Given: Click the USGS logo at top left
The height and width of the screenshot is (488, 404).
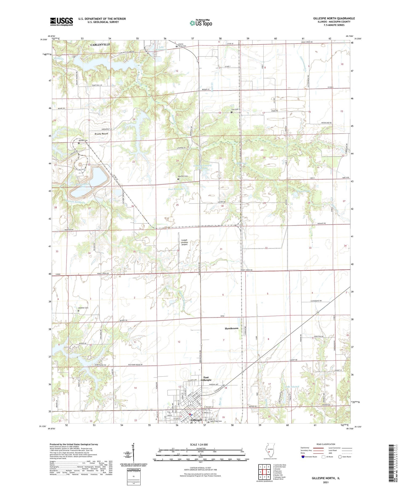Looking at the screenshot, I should (x=61, y=22).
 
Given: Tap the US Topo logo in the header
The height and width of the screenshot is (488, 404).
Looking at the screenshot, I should (x=201, y=23).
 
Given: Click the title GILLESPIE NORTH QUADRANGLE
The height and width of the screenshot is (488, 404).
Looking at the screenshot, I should (x=334, y=18).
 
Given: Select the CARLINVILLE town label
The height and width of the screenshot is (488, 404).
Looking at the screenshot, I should (x=100, y=44).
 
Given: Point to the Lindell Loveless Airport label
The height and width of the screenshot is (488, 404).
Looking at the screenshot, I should (x=184, y=242).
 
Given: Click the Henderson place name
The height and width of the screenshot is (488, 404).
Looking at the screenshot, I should (x=231, y=328).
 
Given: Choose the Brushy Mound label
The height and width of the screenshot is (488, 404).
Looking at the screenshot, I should (x=101, y=134).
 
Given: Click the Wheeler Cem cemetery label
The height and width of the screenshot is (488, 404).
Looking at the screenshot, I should (x=83, y=308).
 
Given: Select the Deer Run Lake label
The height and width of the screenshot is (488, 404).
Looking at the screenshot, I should (x=176, y=189).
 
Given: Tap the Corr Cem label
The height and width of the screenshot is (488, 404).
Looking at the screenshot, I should (x=235, y=109).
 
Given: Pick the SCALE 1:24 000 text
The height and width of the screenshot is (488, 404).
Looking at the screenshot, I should (x=200, y=444).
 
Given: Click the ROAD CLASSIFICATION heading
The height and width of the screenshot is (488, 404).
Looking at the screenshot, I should (x=326, y=444).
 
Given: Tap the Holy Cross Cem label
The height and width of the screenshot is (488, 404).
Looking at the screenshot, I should (x=216, y=421).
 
